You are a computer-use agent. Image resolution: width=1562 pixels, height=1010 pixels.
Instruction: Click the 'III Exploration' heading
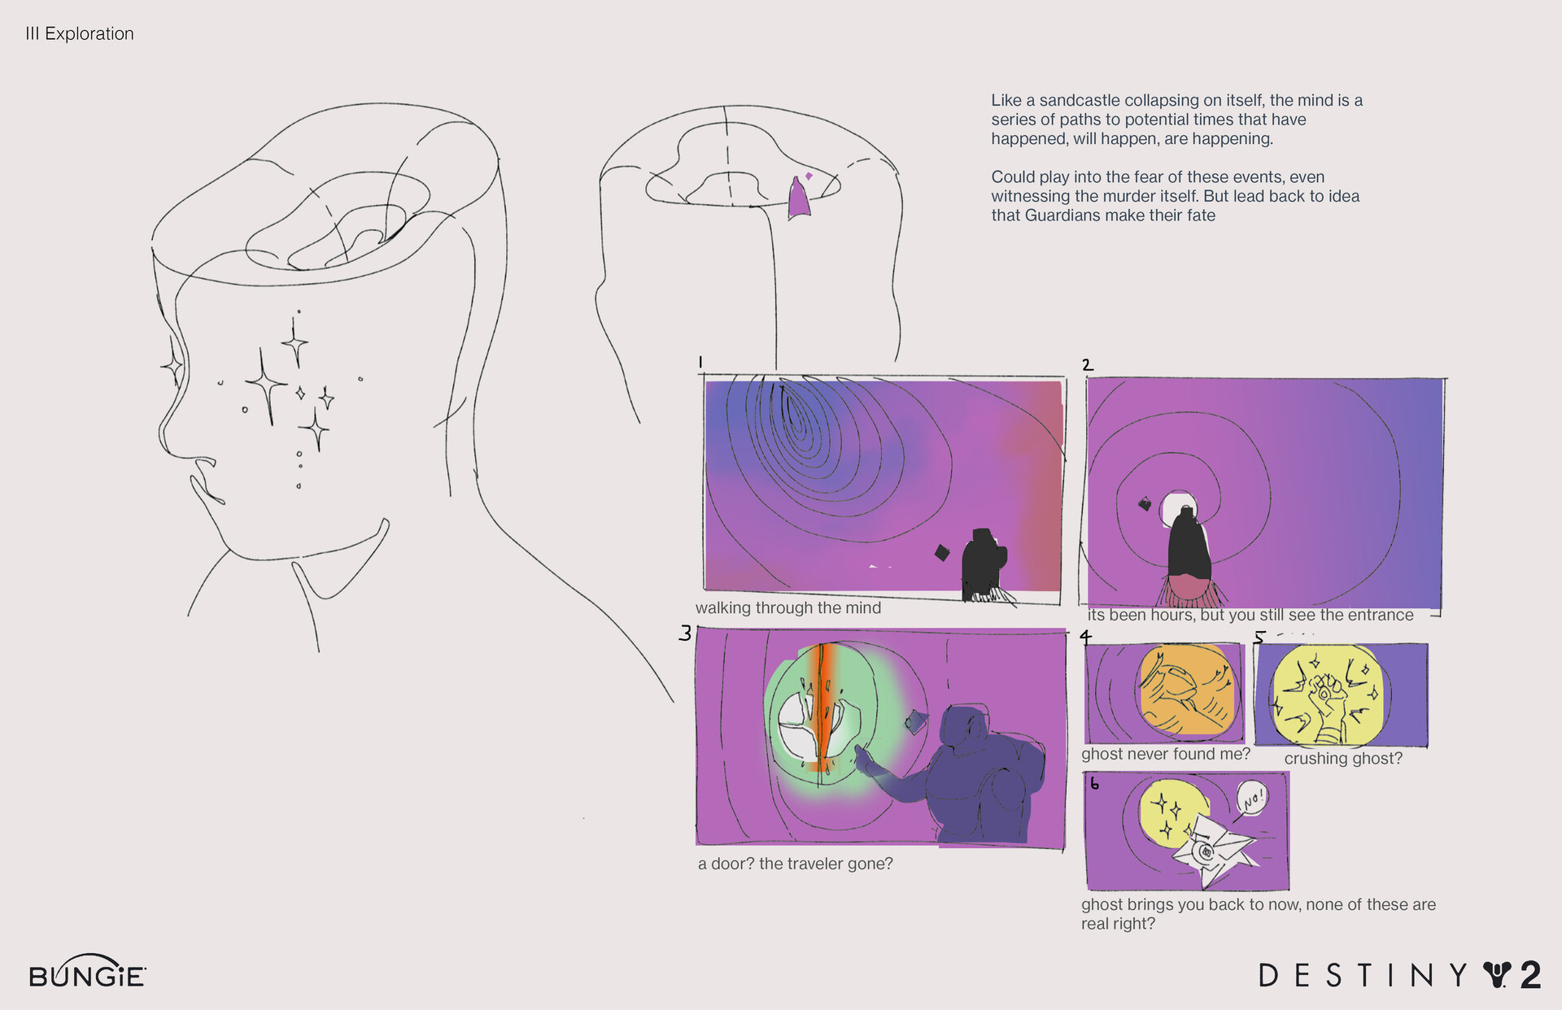click(x=80, y=33)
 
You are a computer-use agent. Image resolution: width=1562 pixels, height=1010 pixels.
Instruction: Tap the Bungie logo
click(x=87, y=972)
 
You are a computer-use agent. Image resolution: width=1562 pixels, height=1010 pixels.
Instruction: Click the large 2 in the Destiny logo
click(x=1529, y=975)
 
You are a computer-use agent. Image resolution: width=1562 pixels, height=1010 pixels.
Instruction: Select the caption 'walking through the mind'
click(x=788, y=607)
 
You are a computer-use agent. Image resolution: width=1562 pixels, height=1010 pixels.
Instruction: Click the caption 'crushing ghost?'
click(x=1343, y=758)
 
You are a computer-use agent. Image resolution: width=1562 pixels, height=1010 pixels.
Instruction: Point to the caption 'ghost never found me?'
click(x=1166, y=754)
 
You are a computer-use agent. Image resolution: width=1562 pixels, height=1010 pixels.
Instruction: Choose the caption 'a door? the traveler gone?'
click(x=796, y=864)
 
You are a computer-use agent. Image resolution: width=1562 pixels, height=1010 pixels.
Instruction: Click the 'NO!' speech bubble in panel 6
click(x=1252, y=798)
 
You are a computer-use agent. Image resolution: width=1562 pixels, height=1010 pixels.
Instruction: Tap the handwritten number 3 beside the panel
click(x=685, y=633)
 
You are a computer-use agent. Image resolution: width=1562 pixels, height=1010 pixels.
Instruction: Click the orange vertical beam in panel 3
click(x=822, y=707)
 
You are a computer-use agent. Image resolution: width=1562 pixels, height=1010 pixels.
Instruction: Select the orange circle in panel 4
click(x=1186, y=689)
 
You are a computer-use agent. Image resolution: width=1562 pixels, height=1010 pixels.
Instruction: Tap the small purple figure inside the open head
click(x=799, y=199)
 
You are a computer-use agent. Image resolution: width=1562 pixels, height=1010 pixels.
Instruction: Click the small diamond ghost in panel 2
click(x=1145, y=504)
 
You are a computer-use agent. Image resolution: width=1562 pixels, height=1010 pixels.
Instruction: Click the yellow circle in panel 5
click(x=1326, y=695)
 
